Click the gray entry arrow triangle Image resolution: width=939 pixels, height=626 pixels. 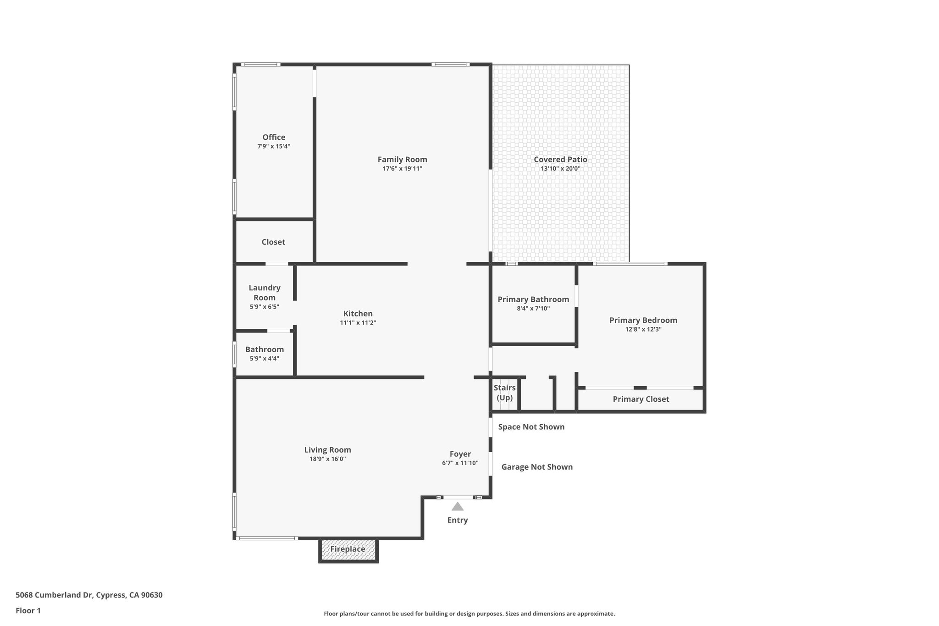[457, 507]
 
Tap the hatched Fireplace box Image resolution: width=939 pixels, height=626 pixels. [348, 549]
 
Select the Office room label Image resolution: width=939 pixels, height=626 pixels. [274, 137]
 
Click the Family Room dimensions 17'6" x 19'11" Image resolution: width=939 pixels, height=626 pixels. [402, 169]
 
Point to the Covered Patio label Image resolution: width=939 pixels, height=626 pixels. [560, 160]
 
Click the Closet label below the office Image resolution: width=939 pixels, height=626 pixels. [273, 242]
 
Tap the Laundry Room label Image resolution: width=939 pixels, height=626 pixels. [265, 293]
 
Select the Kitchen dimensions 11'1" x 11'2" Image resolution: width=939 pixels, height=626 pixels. [358, 323]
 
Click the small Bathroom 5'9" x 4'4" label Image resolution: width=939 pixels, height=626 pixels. [265, 354]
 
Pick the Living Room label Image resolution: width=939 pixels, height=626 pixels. [327, 450]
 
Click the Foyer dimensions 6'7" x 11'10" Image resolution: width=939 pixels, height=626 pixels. [460, 463]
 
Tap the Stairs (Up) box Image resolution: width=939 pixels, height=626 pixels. [504, 393]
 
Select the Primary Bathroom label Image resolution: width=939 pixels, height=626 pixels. [533, 299]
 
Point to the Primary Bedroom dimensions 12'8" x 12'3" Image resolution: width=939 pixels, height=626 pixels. [643, 329]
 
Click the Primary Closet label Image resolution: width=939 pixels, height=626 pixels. [641, 399]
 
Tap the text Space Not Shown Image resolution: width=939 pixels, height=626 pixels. [531, 427]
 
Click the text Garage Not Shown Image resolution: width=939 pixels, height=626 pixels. [536, 467]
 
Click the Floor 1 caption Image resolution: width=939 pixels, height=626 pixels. [28, 610]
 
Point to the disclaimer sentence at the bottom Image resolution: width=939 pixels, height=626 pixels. [469, 614]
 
